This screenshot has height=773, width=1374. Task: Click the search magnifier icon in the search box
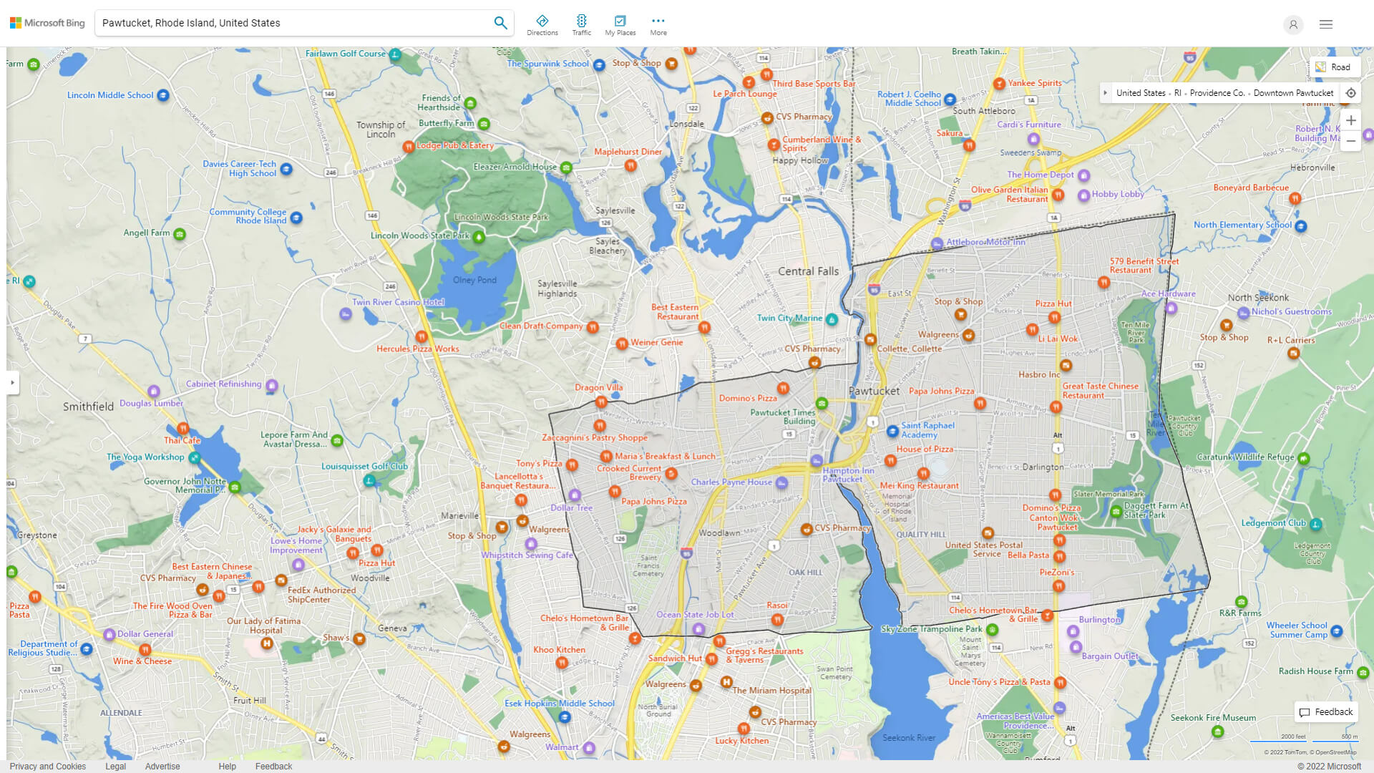point(500,23)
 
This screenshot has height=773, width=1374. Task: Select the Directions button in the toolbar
point(542,25)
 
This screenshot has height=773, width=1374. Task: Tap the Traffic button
point(581,25)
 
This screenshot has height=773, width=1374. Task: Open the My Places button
point(620,25)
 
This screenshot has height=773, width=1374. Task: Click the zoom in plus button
point(1350,120)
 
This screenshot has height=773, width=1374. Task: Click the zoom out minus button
point(1350,141)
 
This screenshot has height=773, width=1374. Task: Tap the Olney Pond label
point(474,280)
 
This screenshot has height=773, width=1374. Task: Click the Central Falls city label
point(808,271)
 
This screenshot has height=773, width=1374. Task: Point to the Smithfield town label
point(88,407)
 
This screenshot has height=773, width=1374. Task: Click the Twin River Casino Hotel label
point(398,302)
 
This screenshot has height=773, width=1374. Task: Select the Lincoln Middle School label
point(110,95)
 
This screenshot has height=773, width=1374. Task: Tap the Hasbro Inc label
point(1039,374)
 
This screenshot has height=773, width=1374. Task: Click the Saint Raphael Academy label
point(927,429)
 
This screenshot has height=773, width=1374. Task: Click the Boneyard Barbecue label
point(1251,188)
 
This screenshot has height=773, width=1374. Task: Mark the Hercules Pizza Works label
point(418,349)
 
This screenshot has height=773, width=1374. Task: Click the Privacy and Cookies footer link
point(48,767)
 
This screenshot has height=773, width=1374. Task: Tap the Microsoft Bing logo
point(47,23)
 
